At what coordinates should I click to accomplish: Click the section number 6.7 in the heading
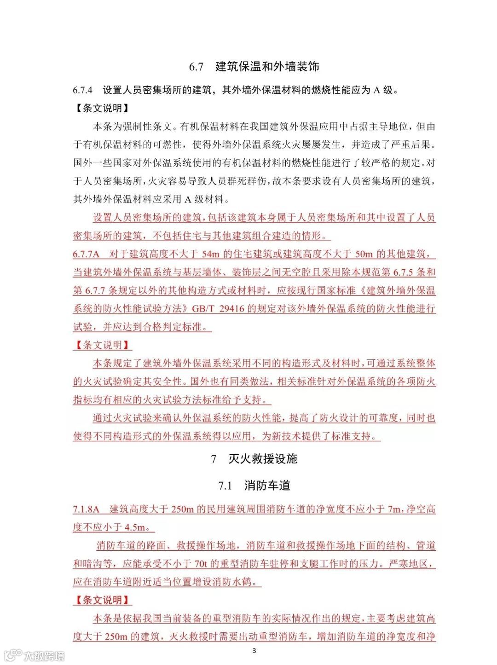coord(196,67)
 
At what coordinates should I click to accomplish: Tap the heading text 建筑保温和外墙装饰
coord(267,66)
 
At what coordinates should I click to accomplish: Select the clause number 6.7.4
coord(83,90)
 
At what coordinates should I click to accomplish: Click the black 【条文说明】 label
coord(102,108)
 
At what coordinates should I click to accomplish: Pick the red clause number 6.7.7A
coord(86,254)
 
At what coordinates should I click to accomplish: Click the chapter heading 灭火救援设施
coord(263,459)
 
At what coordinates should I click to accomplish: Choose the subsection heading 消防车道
coord(267,486)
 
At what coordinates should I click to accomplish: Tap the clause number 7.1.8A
coord(86,509)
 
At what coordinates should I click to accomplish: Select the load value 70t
coord(201,564)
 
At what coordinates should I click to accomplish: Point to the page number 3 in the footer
coord(254,651)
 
